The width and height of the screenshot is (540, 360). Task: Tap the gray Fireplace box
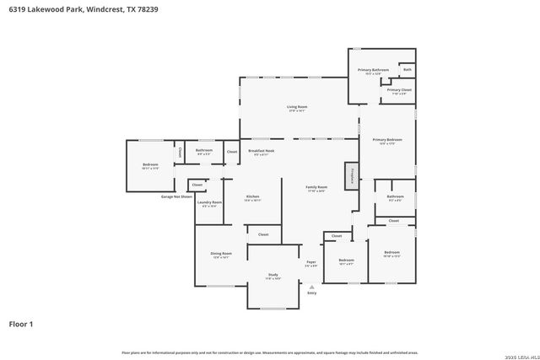click(x=351, y=175)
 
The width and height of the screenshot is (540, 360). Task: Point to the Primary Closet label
click(x=400, y=89)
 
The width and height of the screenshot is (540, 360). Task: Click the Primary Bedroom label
click(x=387, y=140)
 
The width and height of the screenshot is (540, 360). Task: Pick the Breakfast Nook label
click(x=261, y=151)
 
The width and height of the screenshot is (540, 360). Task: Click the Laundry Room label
click(x=210, y=202)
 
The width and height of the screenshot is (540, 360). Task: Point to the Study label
click(x=273, y=275)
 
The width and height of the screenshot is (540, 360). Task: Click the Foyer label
click(x=311, y=262)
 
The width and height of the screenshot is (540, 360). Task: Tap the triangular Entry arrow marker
click(x=311, y=287)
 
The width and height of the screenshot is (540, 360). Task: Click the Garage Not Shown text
click(x=176, y=196)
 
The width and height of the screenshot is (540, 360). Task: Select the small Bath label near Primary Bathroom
click(x=408, y=69)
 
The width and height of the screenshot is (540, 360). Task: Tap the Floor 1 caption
click(x=21, y=324)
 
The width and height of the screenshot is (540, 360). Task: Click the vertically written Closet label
click(x=180, y=153)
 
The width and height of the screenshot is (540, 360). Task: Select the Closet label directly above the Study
click(x=263, y=234)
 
